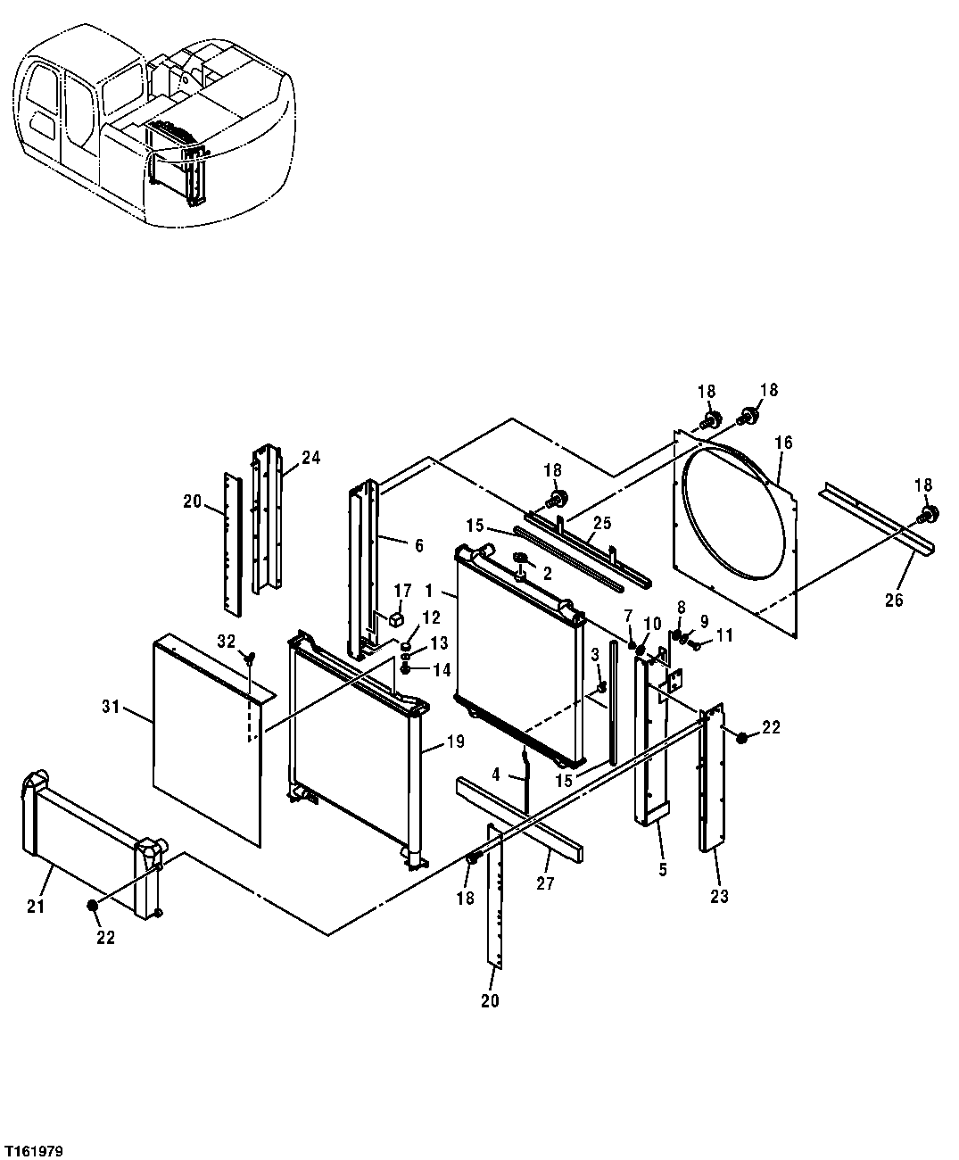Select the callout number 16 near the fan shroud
(x=783, y=443)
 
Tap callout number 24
(x=310, y=458)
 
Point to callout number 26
(x=894, y=600)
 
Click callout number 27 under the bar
(x=545, y=883)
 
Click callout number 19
(x=455, y=741)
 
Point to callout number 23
(x=719, y=897)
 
